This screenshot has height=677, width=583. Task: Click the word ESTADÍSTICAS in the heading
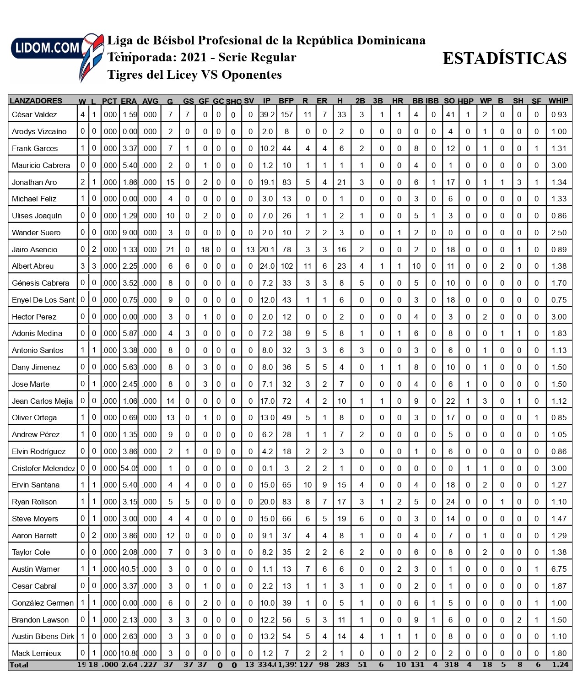(x=504, y=59)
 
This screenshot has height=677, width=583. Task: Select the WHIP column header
(x=558, y=101)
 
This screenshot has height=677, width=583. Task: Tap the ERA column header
(x=129, y=101)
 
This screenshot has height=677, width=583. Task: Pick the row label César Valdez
(x=34, y=114)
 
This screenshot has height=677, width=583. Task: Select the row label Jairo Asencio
(x=35, y=249)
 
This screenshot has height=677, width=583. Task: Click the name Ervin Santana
(x=36, y=485)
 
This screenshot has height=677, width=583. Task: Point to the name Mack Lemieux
(x=36, y=653)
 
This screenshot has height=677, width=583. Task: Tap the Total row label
(x=19, y=665)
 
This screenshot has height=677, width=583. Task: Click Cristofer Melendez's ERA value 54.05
(x=130, y=468)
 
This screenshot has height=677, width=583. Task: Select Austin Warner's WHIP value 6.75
(x=559, y=569)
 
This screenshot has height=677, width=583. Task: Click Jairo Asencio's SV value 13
(x=250, y=249)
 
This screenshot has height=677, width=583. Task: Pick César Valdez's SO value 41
(x=450, y=114)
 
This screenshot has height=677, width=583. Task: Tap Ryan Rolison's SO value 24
(x=450, y=502)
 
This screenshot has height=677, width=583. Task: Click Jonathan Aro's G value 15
(x=170, y=182)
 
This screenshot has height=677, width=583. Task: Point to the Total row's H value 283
(x=342, y=665)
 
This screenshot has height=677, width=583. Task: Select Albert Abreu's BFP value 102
(x=286, y=266)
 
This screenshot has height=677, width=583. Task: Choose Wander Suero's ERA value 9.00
(x=130, y=233)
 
